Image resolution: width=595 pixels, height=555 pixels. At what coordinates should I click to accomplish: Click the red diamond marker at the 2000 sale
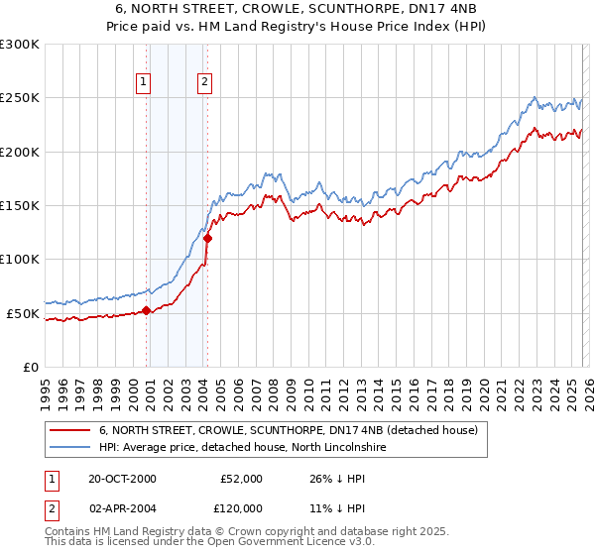(147, 310)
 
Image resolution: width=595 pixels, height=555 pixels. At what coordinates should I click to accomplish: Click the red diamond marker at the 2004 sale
(207, 238)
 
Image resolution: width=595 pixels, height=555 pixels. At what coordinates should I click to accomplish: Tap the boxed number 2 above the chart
(205, 83)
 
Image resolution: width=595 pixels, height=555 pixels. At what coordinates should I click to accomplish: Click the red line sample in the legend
(69, 431)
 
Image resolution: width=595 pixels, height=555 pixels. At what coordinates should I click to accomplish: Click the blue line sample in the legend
(69, 448)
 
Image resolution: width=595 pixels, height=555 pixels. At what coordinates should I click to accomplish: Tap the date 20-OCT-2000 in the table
(123, 479)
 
